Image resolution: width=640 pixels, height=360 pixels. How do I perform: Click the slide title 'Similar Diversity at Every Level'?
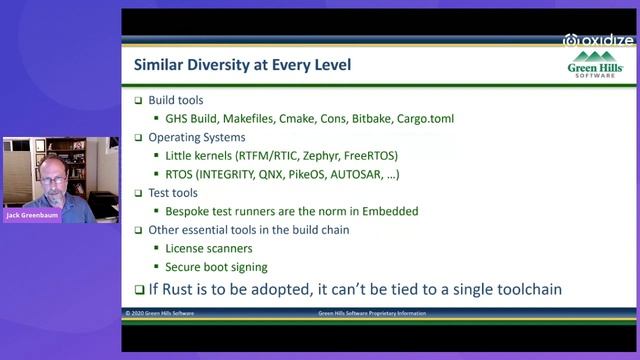(242, 66)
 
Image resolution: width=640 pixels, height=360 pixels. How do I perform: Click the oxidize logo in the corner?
(599, 40)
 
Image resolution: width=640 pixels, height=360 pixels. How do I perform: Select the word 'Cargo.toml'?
(418, 119)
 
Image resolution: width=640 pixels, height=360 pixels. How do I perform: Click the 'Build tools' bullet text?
(179, 101)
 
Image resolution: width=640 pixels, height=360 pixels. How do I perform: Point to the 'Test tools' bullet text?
(174, 192)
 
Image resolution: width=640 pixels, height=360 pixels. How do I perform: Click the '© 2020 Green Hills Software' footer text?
(162, 313)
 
